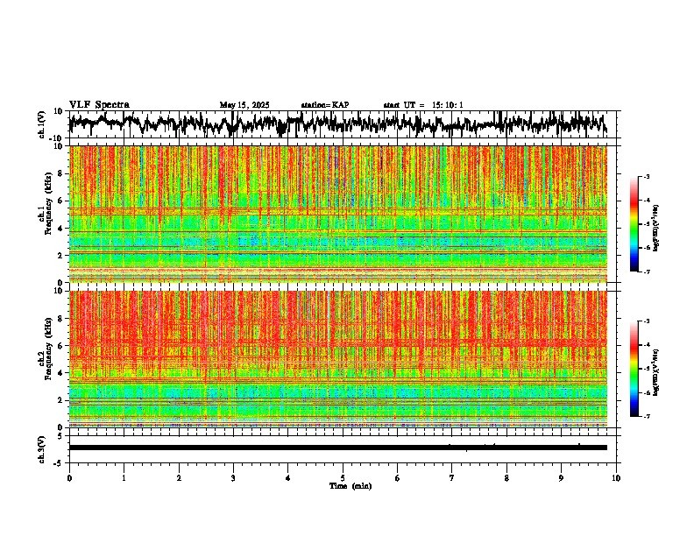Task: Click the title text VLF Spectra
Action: coord(99,105)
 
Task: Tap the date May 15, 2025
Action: coord(244,105)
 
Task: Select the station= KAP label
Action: coord(325,105)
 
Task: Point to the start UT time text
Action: coord(423,105)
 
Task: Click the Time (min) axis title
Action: coord(351,485)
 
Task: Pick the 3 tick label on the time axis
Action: coord(233,477)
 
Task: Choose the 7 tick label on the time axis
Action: coord(452,477)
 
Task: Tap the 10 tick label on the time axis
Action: coord(616,477)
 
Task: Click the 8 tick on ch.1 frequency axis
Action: coord(60,173)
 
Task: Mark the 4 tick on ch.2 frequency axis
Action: coord(60,373)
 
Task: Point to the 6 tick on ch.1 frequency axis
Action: coord(60,201)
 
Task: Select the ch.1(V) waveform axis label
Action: coord(42,124)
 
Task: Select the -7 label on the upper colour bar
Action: coord(647,271)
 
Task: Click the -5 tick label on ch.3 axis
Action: coord(59,461)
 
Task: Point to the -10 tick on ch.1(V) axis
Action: coord(55,138)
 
